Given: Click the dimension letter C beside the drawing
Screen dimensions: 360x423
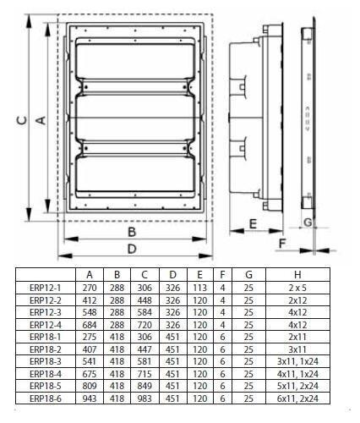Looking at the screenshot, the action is coord(23,120).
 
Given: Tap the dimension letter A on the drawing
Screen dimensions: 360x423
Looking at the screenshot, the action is coord(41,120).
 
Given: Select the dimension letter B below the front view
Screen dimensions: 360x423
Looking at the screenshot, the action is coord(132,232).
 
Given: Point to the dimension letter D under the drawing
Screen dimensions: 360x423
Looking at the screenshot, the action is coord(132,249).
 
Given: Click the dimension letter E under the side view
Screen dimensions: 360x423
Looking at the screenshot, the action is coord(253,223).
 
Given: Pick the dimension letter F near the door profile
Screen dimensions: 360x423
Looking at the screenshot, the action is coord(281,244).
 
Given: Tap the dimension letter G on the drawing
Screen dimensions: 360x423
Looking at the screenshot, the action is coord(308,222).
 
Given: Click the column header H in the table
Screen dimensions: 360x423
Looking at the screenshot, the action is coord(297,274).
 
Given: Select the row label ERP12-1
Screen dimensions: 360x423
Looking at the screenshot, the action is coord(45,288).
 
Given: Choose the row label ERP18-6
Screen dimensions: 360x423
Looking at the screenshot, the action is coord(45,398).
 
